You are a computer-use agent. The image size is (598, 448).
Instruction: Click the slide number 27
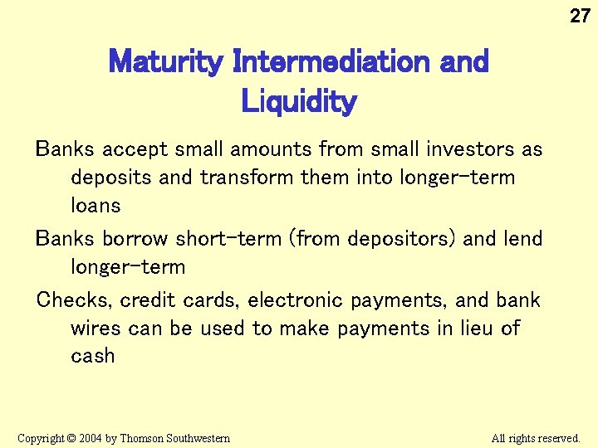click(580, 16)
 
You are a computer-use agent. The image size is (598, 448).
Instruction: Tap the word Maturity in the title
click(166, 61)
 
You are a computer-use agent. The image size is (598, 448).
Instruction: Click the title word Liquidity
click(299, 102)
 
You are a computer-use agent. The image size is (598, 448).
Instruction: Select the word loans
click(96, 206)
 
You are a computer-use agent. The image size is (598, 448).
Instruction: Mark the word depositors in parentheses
click(401, 240)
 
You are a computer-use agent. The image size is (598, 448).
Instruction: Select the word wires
click(96, 329)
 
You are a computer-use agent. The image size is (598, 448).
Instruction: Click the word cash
click(92, 357)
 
